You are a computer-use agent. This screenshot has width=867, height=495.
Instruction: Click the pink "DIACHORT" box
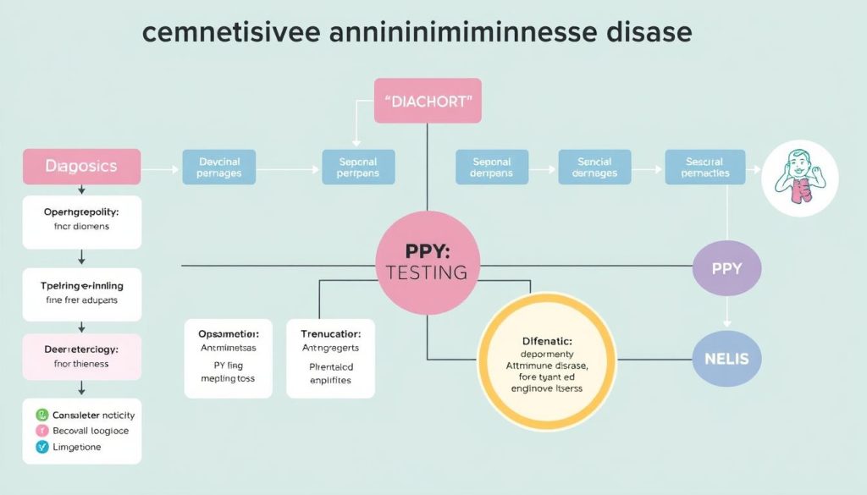pos(428,101)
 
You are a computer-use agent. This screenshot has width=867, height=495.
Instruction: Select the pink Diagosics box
pos(81,167)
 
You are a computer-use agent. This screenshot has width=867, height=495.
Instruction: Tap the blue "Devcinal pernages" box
pos(219,167)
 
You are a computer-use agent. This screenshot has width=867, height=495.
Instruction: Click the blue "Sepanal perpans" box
pos(358,167)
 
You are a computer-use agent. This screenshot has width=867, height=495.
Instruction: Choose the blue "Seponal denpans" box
pos(492,167)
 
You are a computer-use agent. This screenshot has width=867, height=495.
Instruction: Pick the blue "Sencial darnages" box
pos(595,167)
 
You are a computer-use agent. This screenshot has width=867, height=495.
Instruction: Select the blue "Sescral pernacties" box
pos(705,167)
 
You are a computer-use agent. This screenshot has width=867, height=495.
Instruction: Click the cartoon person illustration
pos(799,179)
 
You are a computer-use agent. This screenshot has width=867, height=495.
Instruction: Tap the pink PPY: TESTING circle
pos(427,263)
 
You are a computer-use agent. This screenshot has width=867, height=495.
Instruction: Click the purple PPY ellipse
pos(726,269)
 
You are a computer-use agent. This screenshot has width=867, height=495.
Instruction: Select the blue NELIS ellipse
pos(726,359)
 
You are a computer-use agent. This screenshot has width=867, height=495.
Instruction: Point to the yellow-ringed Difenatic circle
pos(547,363)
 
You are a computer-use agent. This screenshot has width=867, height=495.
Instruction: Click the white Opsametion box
pos(229,358)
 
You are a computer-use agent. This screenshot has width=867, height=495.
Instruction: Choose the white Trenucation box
pos(330,358)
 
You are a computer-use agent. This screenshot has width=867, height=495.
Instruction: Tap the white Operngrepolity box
pos(81,220)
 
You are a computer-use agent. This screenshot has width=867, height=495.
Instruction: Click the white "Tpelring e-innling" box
pos(81,293)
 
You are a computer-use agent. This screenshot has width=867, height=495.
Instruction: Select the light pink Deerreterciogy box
pos(81,355)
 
